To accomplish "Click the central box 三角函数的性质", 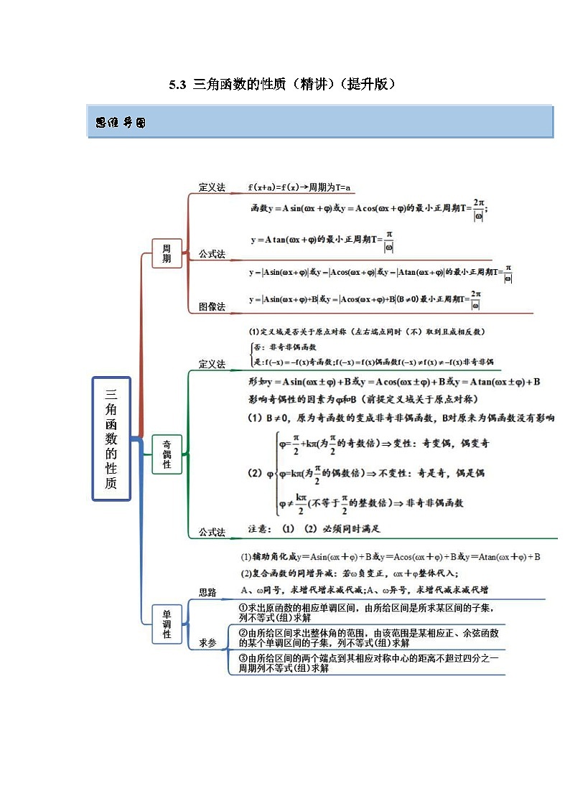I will (111, 438).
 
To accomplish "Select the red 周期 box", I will (167, 253).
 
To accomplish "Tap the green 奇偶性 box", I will (167, 454).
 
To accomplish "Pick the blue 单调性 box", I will (167, 624).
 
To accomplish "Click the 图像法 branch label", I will (212, 306).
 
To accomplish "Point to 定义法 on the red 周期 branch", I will (212, 187).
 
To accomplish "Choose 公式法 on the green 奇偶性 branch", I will (212, 533).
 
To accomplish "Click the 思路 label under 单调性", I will (207, 592).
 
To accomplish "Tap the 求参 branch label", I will (207, 643).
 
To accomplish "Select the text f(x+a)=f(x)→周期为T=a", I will (299, 187).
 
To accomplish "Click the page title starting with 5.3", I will (283, 85).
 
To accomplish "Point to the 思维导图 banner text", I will (121, 123).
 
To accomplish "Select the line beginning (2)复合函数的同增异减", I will (350, 573).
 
